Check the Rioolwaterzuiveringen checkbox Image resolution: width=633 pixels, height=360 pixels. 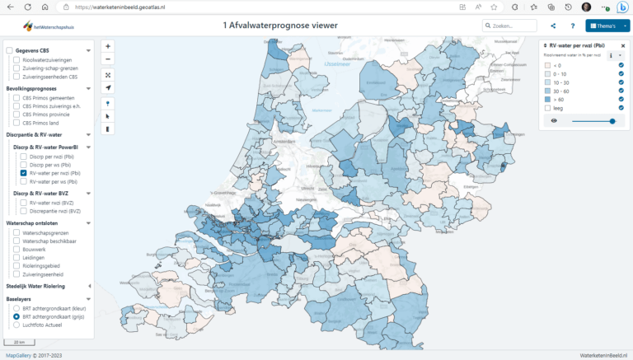(16, 60)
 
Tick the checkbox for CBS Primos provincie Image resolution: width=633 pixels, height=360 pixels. (16, 115)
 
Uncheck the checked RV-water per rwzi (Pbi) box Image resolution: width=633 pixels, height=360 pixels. (24, 173)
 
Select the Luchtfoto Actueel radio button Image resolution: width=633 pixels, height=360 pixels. (16, 325)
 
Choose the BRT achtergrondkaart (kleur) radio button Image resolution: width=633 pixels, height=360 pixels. (16, 308)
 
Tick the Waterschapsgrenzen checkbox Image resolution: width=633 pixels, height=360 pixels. (16, 232)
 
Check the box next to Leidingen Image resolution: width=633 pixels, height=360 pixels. (16, 257)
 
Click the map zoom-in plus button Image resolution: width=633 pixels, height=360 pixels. (108, 46)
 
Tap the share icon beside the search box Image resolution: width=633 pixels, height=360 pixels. (552, 26)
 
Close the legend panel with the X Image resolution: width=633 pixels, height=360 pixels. (623, 46)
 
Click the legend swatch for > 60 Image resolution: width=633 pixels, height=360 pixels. (546, 100)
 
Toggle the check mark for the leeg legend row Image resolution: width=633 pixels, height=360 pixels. (621, 108)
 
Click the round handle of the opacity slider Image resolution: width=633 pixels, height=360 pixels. (612, 121)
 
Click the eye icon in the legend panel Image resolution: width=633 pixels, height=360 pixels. (554, 121)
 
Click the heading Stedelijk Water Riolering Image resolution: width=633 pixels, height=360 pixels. (47, 286)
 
